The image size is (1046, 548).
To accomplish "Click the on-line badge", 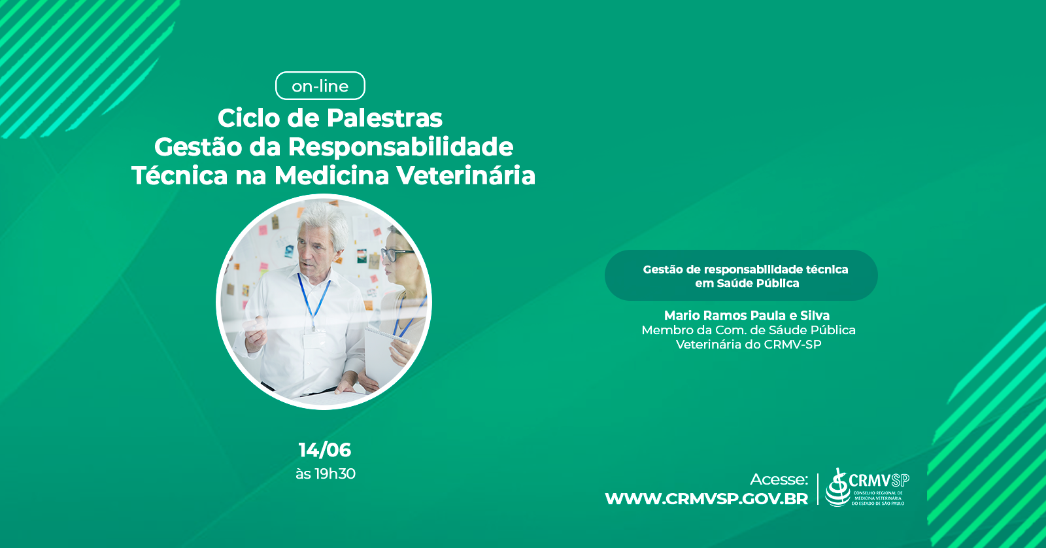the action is (x=320, y=86).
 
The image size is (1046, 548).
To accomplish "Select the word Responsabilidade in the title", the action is (x=401, y=146).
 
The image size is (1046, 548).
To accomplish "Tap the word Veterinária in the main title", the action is (x=466, y=176).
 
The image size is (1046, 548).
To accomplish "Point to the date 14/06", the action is (x=324, y=450).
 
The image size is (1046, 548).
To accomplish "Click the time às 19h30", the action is (x=326, y=473).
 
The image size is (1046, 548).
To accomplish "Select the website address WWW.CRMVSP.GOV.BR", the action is (x=707, y=499).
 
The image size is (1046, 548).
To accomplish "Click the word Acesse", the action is (x=779, y=479).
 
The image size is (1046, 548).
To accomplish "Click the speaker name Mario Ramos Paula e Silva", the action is (x=747, y=315).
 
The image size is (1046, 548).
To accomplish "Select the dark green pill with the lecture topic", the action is (x=741, y=275).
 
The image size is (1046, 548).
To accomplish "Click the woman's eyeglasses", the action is (x=396, y=254).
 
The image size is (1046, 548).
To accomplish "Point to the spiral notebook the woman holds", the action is (x=386, y=355).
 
